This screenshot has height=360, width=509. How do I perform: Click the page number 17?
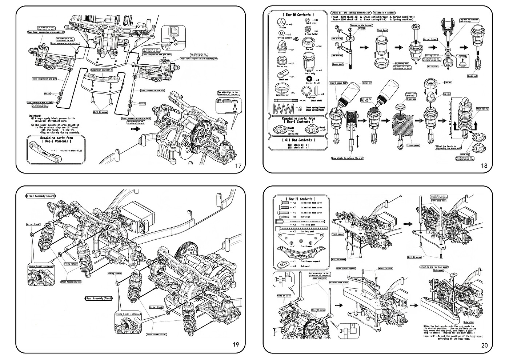click(238, 166)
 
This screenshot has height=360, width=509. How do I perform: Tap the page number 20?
click(484, 345)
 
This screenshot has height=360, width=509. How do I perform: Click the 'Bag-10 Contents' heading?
click(296, 15)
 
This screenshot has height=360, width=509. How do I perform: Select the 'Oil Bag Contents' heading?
click(296, 140)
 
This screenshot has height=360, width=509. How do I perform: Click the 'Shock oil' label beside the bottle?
click(367, 83)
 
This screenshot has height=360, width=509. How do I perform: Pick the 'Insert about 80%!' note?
click(338, 83)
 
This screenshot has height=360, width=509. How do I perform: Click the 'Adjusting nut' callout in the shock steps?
click(402, 63)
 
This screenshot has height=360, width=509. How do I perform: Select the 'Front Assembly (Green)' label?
click(41, 196)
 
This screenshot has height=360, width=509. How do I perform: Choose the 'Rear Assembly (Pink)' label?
click(99, 299)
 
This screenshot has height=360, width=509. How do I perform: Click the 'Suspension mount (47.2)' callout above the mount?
click(101, 69)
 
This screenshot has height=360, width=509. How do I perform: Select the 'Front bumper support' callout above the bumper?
click(346, 269)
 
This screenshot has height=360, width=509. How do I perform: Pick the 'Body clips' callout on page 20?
click(469, 322)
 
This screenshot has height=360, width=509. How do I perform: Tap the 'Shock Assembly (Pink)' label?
click(156, 334)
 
